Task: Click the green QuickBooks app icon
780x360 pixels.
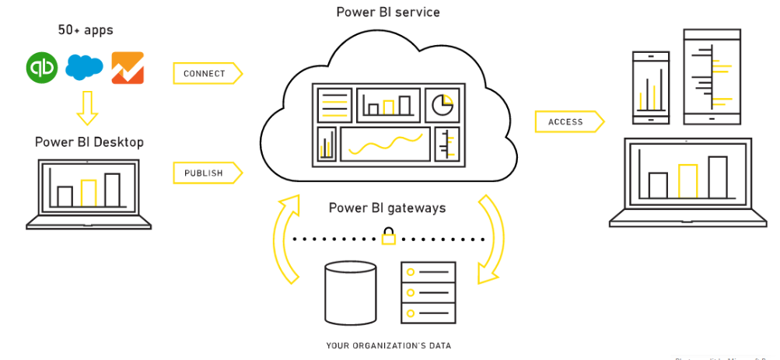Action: click(41, 68)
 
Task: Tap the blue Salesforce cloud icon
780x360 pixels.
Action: click(84, 68)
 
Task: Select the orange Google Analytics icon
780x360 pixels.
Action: click(127, 68)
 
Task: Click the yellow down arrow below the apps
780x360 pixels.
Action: click(87, 107)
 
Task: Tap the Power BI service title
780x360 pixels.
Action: click(387, 12)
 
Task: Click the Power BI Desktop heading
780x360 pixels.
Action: click(89, 142)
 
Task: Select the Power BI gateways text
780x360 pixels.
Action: click(387, 208)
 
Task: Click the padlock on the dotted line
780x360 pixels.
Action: click(387, 236)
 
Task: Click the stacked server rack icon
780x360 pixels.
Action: click(427, 292)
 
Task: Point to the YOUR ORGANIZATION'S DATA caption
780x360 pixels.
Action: click(388, 345)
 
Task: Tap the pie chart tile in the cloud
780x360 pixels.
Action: click(443, 104)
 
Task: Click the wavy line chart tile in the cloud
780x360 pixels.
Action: click(385, 144)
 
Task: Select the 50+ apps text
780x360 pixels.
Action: click(86, 30)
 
